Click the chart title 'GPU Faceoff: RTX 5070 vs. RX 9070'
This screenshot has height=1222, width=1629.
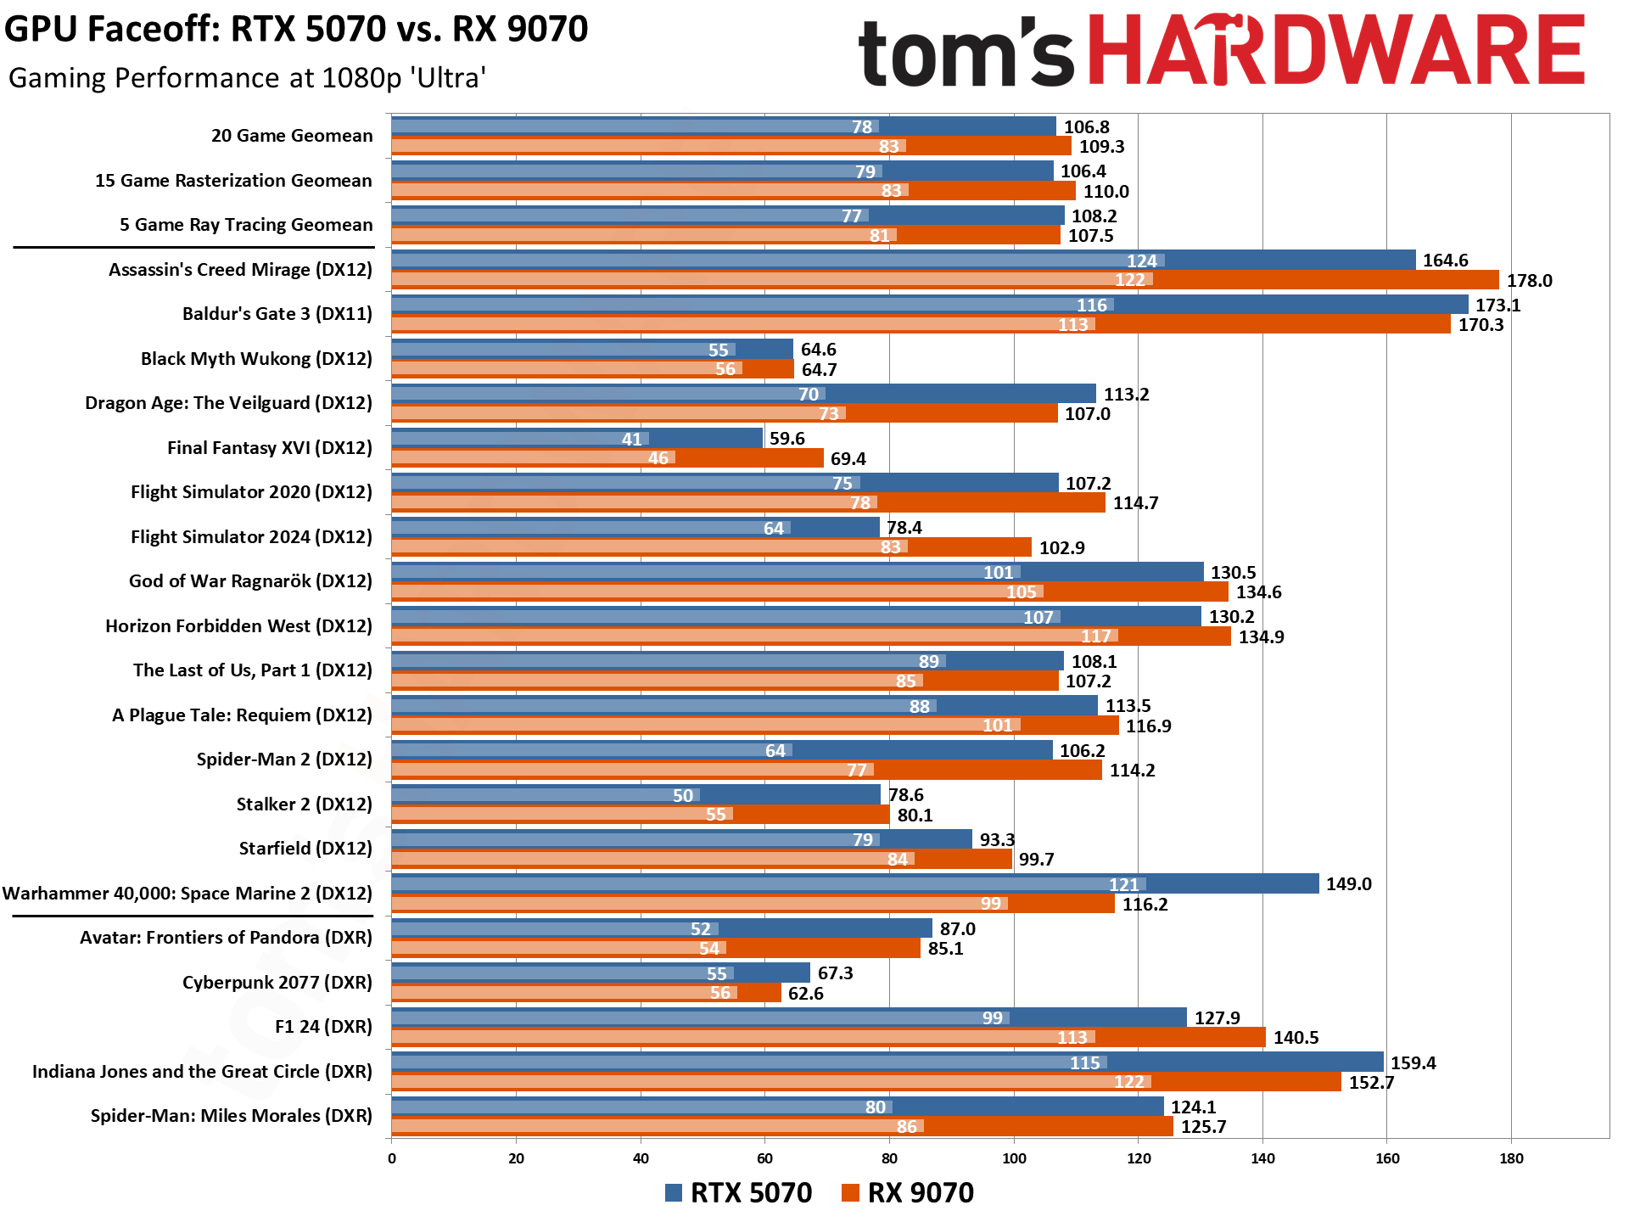tap(296, 30)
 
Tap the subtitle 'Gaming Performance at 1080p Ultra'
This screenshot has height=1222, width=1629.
tap(247, 78)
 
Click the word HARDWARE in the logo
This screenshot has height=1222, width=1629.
tap(1335, 51)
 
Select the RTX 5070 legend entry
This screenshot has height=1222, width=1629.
tap(739, 1192)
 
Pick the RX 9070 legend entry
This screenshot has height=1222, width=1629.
tap(908, 1192)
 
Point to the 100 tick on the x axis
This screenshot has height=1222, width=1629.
tap(1014, 1158)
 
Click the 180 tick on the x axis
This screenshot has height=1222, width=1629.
tap(1511, 1158)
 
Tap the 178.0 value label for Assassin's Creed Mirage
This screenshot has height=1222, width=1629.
tap(1529, 281)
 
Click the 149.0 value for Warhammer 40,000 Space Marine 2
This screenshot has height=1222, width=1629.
tap(1348, 884)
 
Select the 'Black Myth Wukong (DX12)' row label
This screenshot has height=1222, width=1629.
tap(256, 359)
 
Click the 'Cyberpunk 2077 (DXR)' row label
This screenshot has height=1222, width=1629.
tap(277, 983)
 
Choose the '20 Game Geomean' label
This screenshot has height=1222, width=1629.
tap(292, 136)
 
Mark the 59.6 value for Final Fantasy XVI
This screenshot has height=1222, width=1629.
tap(787, 439)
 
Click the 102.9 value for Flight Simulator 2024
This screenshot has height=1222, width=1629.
tap(1061, 548)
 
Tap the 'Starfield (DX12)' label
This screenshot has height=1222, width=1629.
tap(305, 849)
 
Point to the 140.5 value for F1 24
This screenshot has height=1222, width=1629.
tap(1296, 1038)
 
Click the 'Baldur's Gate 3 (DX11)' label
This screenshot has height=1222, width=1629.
tap(277, 314)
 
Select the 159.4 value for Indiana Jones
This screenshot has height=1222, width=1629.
tap(1413, 1063)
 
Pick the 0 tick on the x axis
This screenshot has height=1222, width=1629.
tap(392, 1158)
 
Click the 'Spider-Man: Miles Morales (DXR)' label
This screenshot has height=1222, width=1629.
tap(231, 1116)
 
